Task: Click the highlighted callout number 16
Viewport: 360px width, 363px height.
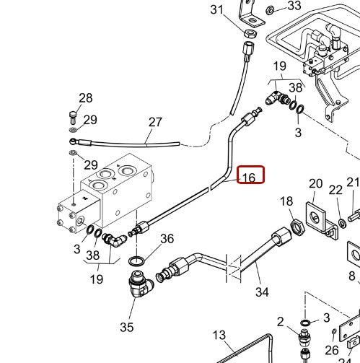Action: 249,178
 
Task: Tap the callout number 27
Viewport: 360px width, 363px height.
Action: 155,122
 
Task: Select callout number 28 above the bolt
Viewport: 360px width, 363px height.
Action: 86,98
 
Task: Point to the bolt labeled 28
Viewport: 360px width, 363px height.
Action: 73,118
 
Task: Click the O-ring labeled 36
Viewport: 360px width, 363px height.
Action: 136,261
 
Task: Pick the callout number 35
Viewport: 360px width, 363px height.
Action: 127,327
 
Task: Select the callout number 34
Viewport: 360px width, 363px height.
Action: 262,292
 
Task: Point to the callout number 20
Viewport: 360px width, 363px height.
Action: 315,184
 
